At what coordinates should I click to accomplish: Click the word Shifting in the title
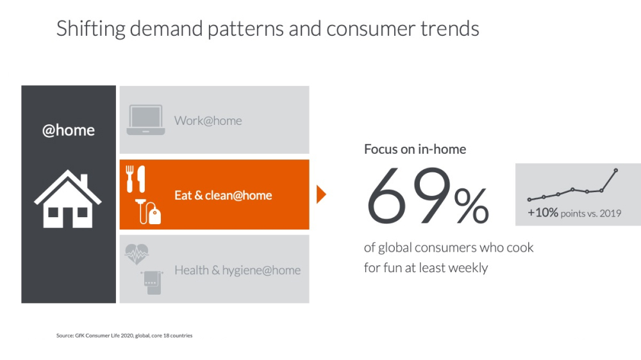coord(91,29)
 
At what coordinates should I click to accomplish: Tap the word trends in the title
coord(450,29)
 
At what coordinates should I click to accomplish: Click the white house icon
coord(68,199)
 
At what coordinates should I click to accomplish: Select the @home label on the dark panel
coord(69,130)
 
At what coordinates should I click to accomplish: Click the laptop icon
coord(146,120)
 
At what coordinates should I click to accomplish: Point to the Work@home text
coord(208,120)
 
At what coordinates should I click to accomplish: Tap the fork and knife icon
coord(136,179)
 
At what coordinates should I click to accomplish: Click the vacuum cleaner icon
coord(148,211)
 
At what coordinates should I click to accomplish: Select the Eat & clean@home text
coord(223,195)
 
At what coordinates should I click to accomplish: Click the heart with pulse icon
coord(137,254)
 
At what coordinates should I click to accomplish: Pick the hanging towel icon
coord(152,282)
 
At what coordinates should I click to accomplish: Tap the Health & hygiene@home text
coord(238,270)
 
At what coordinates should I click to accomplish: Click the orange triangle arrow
coord(321,194)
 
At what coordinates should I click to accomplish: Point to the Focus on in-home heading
coord(415,149)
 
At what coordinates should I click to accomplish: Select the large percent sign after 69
coord(471,205)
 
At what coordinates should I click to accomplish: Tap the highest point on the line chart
coord(615,170)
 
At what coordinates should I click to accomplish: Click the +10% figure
coord(543,213)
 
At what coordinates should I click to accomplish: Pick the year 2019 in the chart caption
coord(610,213)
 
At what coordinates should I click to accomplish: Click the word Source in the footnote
coord(65,336)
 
